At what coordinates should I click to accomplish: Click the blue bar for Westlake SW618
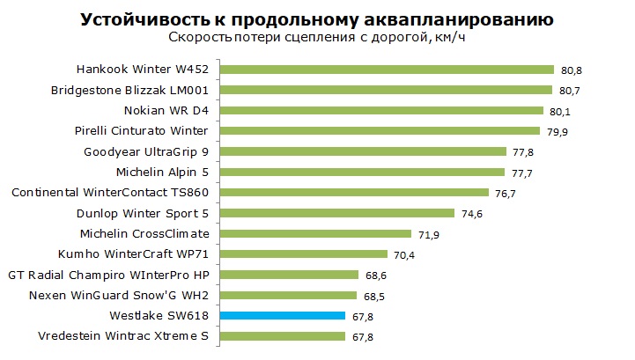(283, 316)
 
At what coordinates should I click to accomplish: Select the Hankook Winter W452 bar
(387, 70)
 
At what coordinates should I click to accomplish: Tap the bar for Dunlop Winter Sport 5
(337, 213)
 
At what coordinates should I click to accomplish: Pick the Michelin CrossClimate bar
(316, 233)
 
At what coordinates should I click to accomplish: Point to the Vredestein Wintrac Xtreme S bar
(283, 336)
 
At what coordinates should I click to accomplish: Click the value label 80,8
(572, 70)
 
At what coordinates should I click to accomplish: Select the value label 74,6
(472, 214)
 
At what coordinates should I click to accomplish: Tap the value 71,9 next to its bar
(429, 235)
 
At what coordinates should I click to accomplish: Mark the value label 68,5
(374, 297)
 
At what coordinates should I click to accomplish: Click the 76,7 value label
(506, 194)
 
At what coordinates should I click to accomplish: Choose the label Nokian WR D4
(166, 111)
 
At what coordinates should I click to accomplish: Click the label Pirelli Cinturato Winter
(141, 131)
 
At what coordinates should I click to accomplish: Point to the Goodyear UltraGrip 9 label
(146, 152)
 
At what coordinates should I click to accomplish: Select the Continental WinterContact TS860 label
(110, 193)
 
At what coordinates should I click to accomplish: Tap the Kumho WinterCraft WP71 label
(133, 253)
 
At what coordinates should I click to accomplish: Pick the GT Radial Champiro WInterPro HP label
(108, 276)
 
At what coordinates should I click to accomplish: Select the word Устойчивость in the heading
(144, 19)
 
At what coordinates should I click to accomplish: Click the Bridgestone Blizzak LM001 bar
(386, 90)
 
